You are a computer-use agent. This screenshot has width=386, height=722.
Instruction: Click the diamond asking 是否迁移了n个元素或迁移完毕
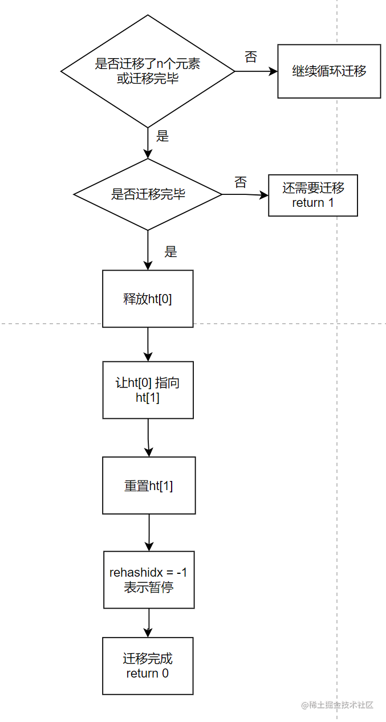tap(148, 71)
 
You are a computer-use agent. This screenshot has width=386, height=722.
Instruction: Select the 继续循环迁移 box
tap(329, 72)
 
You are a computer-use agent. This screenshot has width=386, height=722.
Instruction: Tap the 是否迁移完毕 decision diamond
tap(148, 194)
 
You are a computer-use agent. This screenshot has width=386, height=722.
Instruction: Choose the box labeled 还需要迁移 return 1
tap(313, 195)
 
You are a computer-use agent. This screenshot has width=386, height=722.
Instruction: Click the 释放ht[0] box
tap(148, 299)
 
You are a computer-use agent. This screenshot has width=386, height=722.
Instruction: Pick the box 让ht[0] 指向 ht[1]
tap(148, 390)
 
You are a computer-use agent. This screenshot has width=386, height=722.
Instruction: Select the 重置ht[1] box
tap(149, 486)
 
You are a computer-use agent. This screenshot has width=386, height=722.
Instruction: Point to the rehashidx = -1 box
tap(149, 580)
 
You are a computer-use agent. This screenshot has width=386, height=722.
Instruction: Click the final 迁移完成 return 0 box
tap(148, 666)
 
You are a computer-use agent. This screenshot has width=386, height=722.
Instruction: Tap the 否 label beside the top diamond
tap(251, 57)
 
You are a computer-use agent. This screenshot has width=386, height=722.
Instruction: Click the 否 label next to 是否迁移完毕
tap(241, 182)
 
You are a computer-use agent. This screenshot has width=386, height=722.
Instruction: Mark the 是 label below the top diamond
tap(162, 136)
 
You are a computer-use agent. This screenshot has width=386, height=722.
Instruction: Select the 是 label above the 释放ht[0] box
tap(171, 251)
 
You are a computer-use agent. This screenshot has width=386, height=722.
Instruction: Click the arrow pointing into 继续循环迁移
tap(257, 72)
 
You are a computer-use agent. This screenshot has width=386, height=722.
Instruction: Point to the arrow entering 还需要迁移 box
tap(245, 195)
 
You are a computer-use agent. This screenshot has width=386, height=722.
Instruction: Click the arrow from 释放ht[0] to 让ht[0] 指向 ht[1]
tap(148, 344)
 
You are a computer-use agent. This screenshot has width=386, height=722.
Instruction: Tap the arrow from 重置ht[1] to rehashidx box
tap(149, 532)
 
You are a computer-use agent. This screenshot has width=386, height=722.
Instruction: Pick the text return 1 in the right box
tap(313, 203)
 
